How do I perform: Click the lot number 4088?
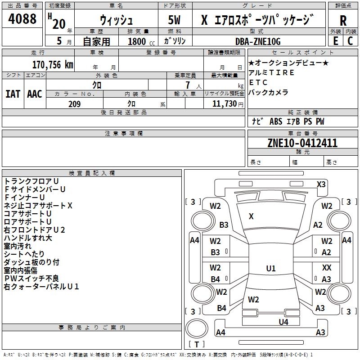22,18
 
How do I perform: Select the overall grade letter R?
343,21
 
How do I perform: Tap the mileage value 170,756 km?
53,65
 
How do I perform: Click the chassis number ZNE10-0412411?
302,143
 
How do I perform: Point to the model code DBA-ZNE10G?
258,41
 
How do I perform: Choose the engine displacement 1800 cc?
141,41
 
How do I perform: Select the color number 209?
74,104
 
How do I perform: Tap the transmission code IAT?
13,94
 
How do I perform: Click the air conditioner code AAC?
35,94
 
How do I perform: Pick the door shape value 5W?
174,20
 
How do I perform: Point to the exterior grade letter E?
335,41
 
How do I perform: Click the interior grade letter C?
350,41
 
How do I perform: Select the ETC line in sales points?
258,82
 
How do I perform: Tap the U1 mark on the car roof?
271,268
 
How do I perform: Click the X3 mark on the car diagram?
321,184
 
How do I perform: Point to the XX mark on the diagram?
327,267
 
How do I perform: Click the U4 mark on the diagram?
283,322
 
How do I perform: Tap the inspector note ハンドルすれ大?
28,238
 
